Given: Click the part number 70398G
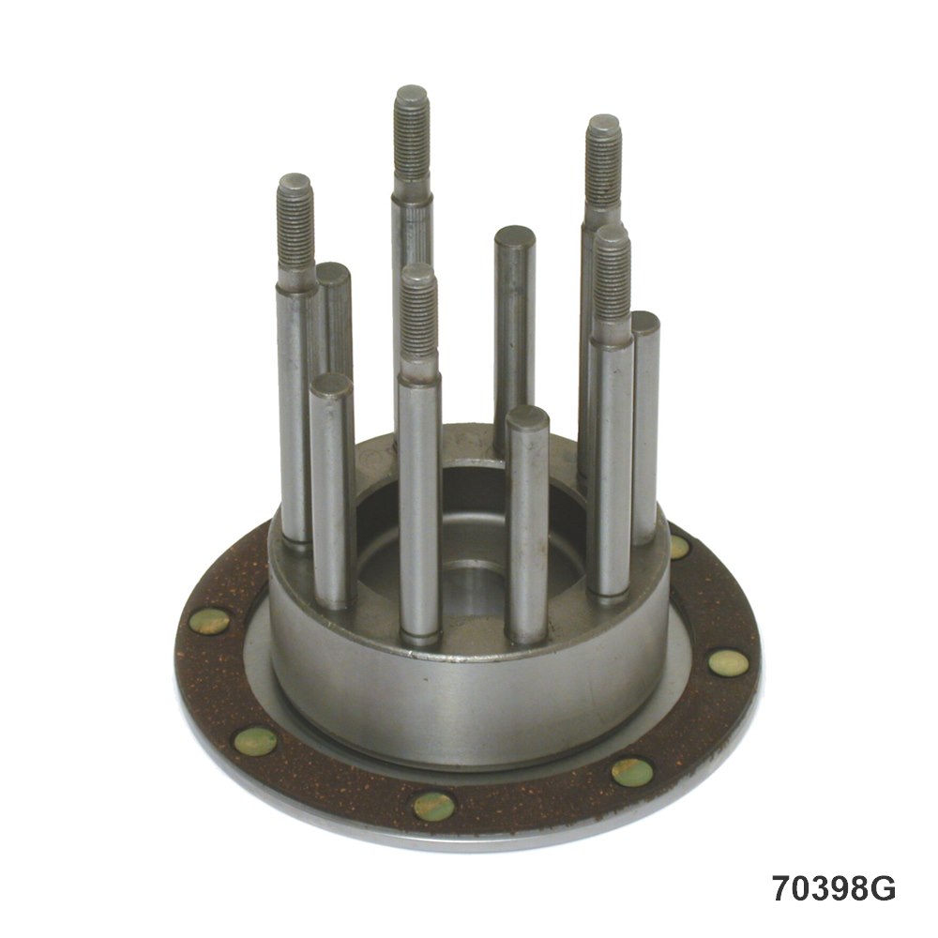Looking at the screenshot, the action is click(x=833, y=887).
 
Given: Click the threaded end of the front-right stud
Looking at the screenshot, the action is click(x=613, y=281).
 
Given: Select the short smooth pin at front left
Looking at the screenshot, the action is click(x=332, y=491).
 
